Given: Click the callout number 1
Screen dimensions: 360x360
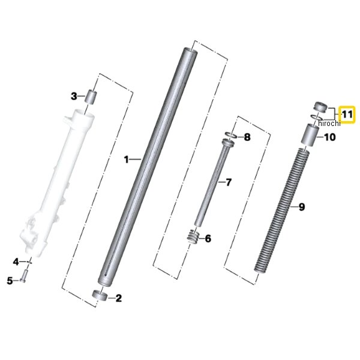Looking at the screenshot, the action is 126,160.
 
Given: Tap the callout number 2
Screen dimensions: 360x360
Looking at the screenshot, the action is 118,298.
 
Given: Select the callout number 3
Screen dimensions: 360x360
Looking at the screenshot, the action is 74,96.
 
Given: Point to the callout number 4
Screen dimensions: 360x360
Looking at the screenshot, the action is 16,262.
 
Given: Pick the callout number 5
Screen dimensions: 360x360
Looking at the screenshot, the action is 10,281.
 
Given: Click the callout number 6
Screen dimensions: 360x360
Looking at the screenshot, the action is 208,239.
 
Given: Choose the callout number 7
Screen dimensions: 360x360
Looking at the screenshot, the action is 228,182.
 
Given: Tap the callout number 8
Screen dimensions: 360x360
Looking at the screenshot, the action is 247,137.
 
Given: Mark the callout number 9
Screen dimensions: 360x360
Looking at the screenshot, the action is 302,207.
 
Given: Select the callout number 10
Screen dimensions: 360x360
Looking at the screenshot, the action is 329,137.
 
